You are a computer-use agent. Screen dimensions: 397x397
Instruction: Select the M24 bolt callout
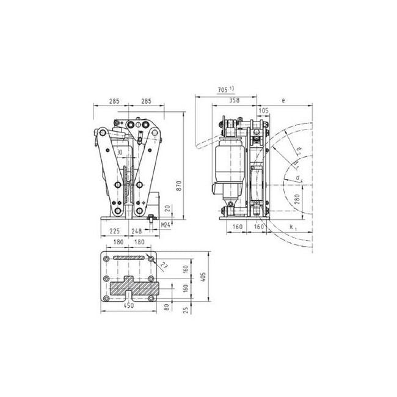(165, 225)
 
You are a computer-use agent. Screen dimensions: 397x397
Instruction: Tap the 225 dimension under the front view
(114, 231)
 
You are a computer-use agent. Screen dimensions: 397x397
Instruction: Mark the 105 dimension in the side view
(263, 111)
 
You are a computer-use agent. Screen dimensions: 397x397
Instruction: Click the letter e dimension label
(285, 98)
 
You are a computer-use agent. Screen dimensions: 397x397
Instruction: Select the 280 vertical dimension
(297, 198)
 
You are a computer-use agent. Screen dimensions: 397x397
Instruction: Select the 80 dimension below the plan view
(167, 306)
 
